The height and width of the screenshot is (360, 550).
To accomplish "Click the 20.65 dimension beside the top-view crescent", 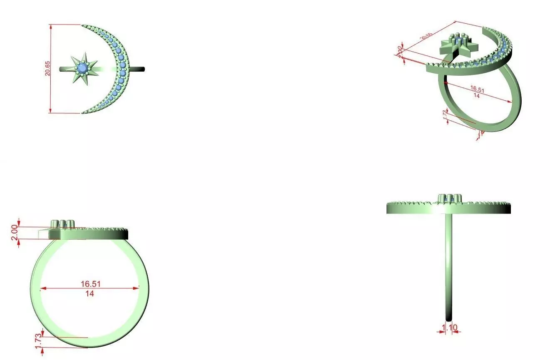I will pos(48,69).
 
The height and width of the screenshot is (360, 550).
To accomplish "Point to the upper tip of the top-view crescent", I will pos(83,25).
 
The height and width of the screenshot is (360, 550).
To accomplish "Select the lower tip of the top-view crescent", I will pos(83,112).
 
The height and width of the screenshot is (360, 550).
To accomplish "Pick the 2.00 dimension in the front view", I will pos(15,232).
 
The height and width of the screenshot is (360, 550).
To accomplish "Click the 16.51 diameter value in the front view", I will pos(90,284).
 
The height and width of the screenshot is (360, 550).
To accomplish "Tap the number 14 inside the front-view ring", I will pos(90,293).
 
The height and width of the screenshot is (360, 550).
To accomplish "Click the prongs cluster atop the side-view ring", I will pos(449,198).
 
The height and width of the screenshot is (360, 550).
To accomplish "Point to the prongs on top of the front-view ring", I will pos(62,223).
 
